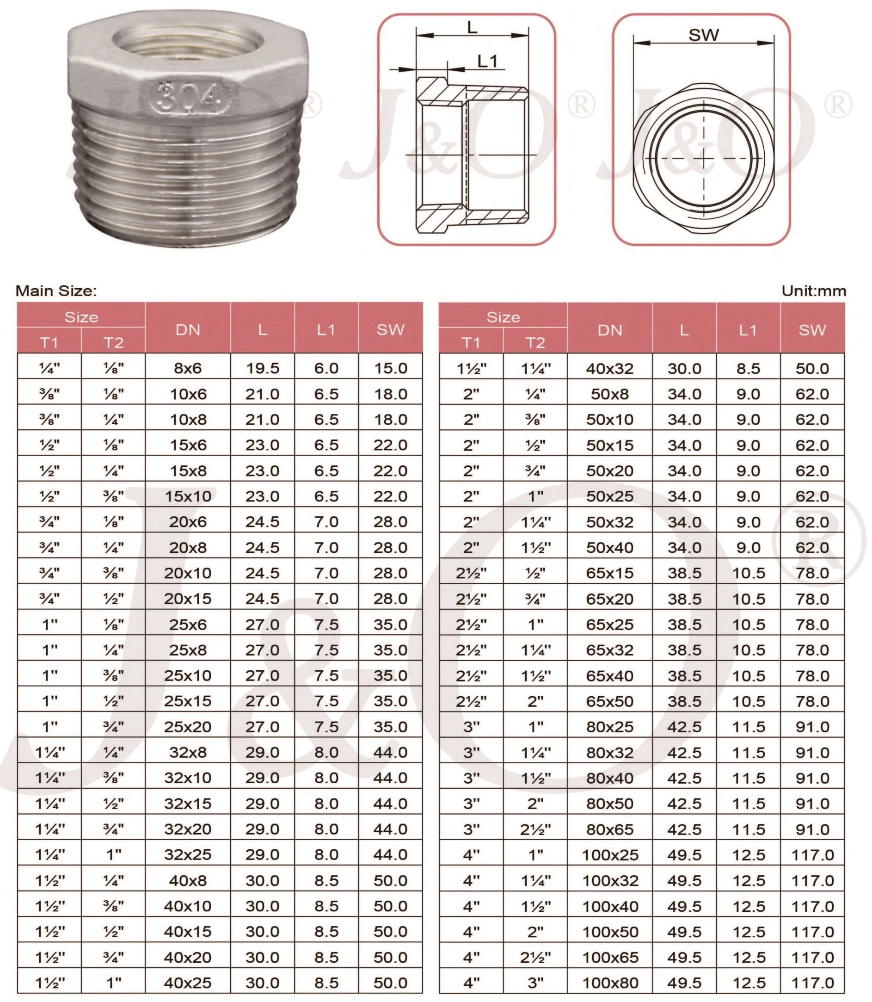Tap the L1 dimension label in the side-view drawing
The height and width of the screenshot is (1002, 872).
[x=487, y=62]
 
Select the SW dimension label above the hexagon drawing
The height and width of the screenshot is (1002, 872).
[x=703, y=35]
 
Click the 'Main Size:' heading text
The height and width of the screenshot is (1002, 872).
[x=56, y=291]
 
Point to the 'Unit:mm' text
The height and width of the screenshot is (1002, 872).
[x=814, y=291]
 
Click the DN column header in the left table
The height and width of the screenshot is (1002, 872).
[x=188, y=330]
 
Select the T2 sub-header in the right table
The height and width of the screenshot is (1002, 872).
[x=535, y=343]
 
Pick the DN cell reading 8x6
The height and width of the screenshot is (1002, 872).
[x=188, y=368]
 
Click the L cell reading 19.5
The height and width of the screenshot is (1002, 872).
[x=262, y=368]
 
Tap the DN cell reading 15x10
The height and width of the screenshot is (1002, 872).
[x=188, y=496]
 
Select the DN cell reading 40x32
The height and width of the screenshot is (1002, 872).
[x=610, y=369]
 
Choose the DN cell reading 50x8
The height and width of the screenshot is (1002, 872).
[x=610, y=394]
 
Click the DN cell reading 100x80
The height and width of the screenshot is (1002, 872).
[x=610, y=983]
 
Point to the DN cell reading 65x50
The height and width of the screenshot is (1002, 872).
[x=610, y=701]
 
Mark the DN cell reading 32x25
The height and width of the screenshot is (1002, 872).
[x=188, y=854]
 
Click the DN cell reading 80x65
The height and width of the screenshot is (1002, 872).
[x=610, y=829]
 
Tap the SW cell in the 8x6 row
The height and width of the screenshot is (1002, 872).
[x=390, y=368]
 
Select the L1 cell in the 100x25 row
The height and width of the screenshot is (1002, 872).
[x=749, y=854]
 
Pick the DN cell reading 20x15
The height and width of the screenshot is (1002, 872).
[x=188, y=598]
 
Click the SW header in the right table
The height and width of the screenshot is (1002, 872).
[x=812, y=330]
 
